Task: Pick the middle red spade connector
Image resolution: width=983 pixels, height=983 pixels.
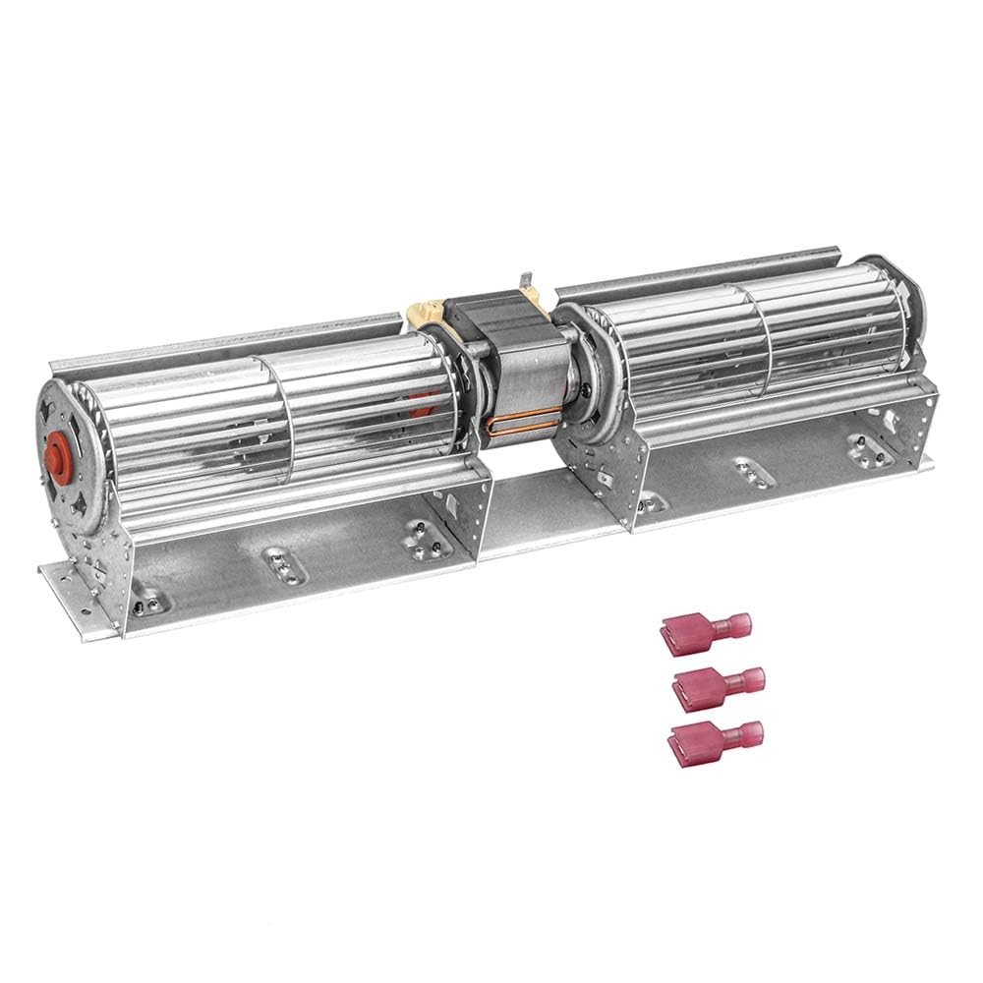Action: [x=719, y=684]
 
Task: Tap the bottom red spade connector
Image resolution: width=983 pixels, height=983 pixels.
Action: [x=715, y=742]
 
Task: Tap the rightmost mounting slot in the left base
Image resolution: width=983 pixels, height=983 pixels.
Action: [x=423, y=538]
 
